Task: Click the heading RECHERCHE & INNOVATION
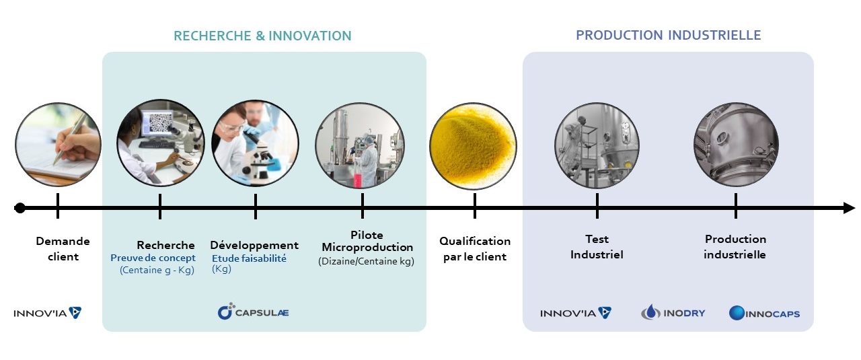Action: pos(262,36)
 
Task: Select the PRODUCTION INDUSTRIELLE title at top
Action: pos(668,35)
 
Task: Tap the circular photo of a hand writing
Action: pos(58,144)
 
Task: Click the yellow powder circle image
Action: pos(474,146)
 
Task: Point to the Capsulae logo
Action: pos(254,312)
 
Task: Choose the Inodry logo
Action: pos(673,312)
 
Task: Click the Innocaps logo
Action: pos(764,313)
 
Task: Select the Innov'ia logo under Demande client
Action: pos(48,313)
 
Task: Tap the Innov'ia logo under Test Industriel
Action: pos(575,313)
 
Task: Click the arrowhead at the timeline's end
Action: pos(849,209)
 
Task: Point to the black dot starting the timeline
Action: pos(20,208)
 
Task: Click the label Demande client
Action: pos(63,248)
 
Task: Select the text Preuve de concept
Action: pos(153,258)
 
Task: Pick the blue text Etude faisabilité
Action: pos(249,258)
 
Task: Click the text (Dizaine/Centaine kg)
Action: pos(366,261)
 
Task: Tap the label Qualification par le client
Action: pos(475,248)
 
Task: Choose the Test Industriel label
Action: pos(597,247)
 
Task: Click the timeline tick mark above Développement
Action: pos(256,206)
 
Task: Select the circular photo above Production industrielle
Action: pos(736,145)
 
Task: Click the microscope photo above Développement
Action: pos(256,144)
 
